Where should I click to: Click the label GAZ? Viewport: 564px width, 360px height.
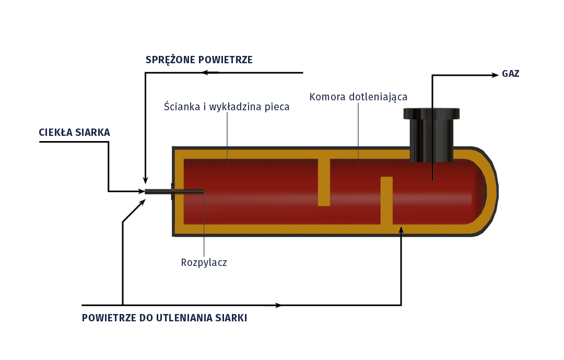[510, 74]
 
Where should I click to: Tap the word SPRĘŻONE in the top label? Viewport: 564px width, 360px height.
[170, 60]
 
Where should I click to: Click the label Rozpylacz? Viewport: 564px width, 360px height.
[204, 262]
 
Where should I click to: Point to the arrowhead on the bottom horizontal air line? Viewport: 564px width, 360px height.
[279, 305]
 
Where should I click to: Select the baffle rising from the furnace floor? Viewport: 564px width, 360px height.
[386, 201]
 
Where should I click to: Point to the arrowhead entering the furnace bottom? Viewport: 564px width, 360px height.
[401, 229]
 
